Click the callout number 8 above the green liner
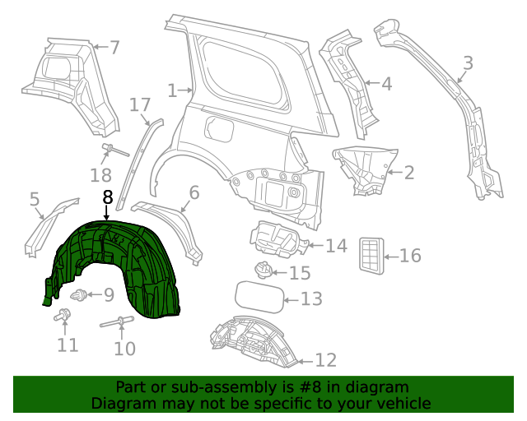point(107,198)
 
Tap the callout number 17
point(140,104)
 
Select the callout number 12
point(326,360)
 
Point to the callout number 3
point(468,63)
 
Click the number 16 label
point(409,256)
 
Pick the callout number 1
point(172,90)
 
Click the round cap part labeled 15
point(263,270)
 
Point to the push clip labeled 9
point(80,294)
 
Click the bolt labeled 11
point(63,315)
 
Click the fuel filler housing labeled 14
point(278,239)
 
